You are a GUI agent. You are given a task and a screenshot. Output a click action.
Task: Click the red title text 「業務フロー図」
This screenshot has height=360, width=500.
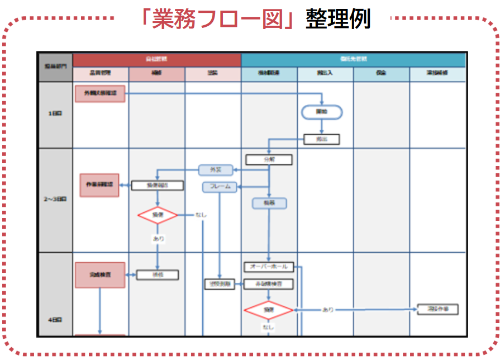pos(218,19)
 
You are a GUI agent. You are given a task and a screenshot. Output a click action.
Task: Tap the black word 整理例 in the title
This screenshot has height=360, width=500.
pos(337,19)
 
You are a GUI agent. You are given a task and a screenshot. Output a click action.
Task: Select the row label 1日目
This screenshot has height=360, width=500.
pos(55,113)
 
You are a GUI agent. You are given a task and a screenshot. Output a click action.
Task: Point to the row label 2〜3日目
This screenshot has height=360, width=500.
pos(55,199)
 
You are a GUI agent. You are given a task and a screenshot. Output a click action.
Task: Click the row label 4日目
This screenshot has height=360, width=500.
pos(55,320)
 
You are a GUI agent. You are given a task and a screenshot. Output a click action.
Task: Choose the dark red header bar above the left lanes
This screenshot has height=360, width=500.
pos(156,59)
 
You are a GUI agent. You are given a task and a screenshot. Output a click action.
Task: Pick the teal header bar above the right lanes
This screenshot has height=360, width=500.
pos(353,59)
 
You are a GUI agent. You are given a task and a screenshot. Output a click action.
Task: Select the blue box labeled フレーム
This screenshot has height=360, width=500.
pos(220,187)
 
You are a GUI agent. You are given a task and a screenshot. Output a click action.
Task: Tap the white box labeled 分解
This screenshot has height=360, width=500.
pos(269,159)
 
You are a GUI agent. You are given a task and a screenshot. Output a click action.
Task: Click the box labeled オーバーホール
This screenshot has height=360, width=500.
pos(269,267)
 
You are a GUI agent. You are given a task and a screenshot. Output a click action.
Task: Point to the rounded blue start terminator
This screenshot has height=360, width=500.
pos(322,112)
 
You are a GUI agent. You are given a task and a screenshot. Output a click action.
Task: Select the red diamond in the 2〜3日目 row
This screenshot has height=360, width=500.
pos(158,215)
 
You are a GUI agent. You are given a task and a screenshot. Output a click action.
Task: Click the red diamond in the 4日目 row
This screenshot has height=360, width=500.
pos(269,310)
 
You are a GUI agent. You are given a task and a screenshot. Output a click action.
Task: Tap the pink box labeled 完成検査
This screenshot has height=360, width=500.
pos(100,275)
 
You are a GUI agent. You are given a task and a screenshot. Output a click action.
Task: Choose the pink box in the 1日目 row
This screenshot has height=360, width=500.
pos(99,93)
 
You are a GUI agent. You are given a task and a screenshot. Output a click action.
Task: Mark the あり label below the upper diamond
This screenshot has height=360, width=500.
pos(158,238)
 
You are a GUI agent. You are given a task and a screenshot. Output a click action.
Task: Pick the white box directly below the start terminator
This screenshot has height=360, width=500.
pos(321,139)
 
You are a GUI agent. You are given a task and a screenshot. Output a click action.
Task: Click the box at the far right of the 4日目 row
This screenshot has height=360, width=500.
pos(438,309)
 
